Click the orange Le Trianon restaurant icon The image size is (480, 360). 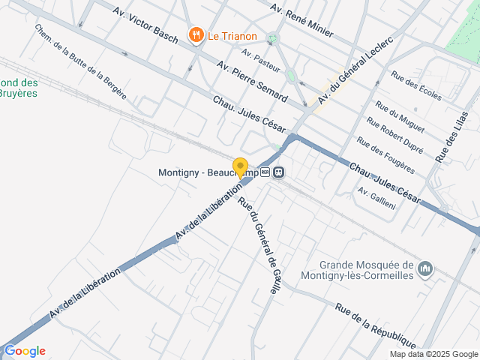pos(196,34)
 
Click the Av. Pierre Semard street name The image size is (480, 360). pos(251,82)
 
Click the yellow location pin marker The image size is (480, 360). pos(241,167)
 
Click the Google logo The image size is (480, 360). pos(25,351)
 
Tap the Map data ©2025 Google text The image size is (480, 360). pos(434,355)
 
